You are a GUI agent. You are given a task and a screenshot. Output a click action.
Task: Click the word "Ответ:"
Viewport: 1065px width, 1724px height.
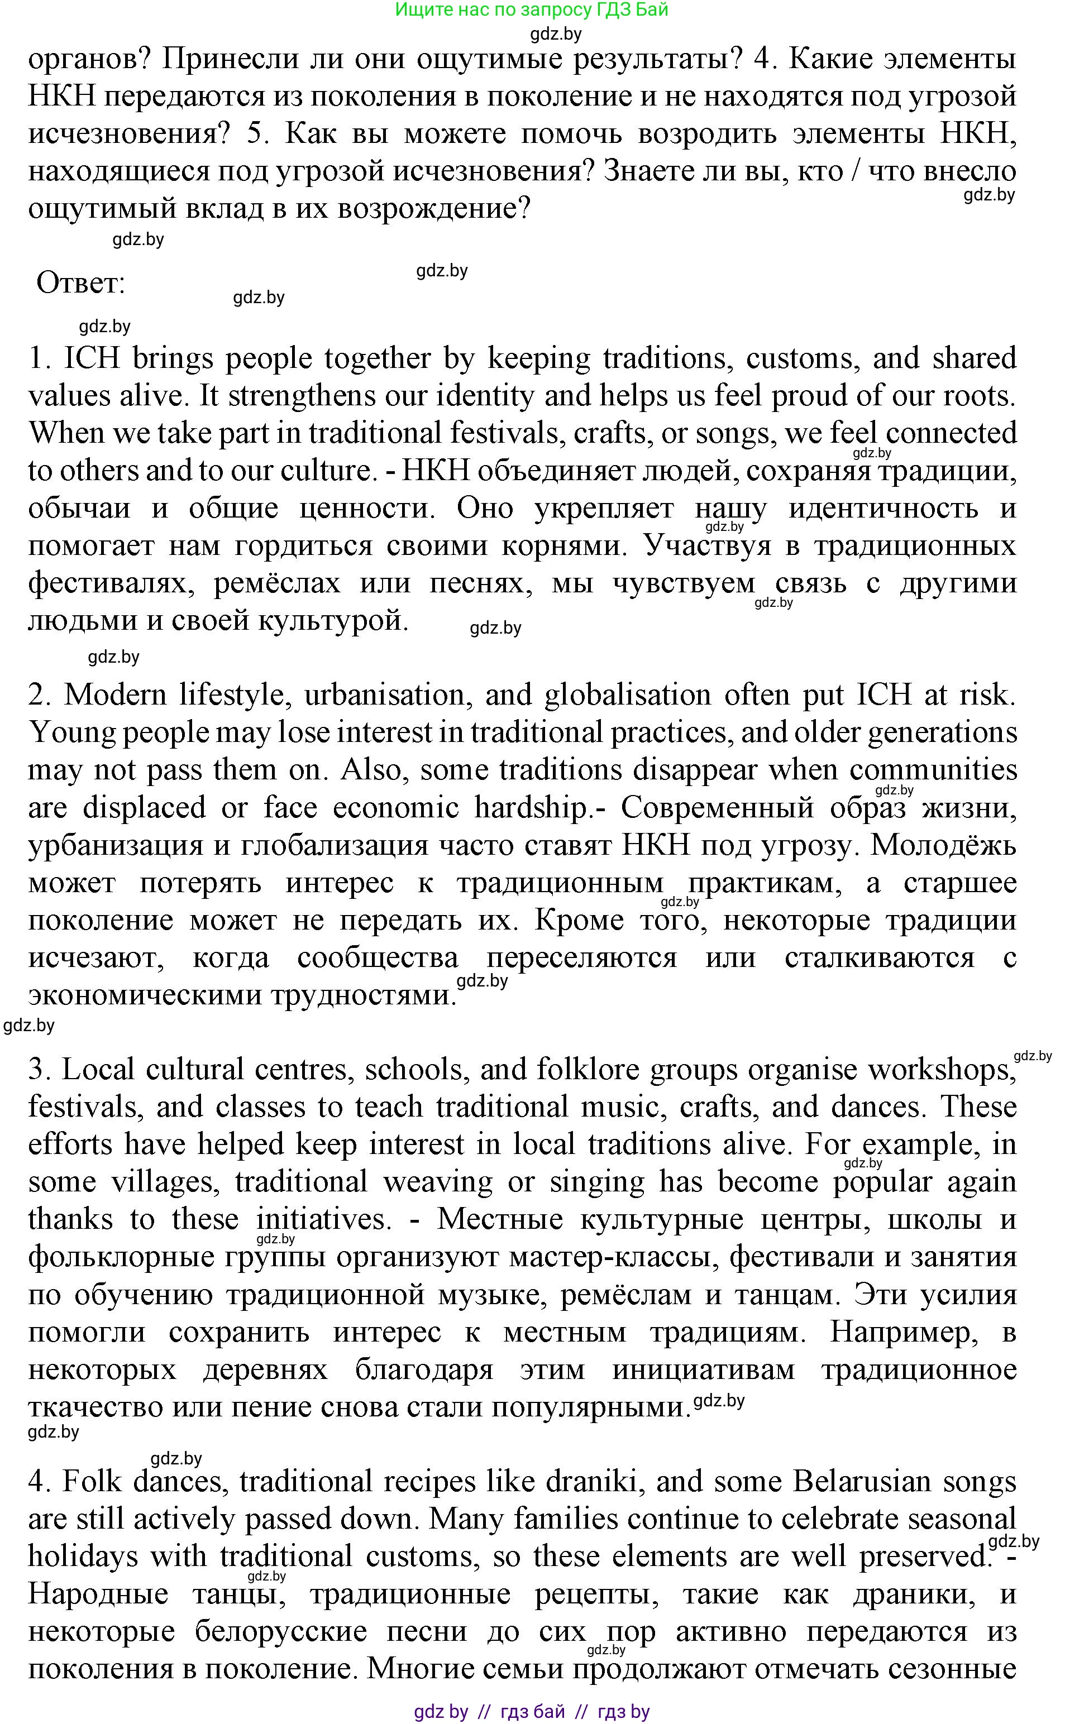[80, 284]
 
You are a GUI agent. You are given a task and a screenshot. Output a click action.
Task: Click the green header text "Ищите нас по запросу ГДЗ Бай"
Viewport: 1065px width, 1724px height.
[532, 10]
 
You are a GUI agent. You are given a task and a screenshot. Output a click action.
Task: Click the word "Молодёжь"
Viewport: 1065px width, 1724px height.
[943, 845]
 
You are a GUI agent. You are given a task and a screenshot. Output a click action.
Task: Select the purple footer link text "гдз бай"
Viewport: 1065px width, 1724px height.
[533, 1711]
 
